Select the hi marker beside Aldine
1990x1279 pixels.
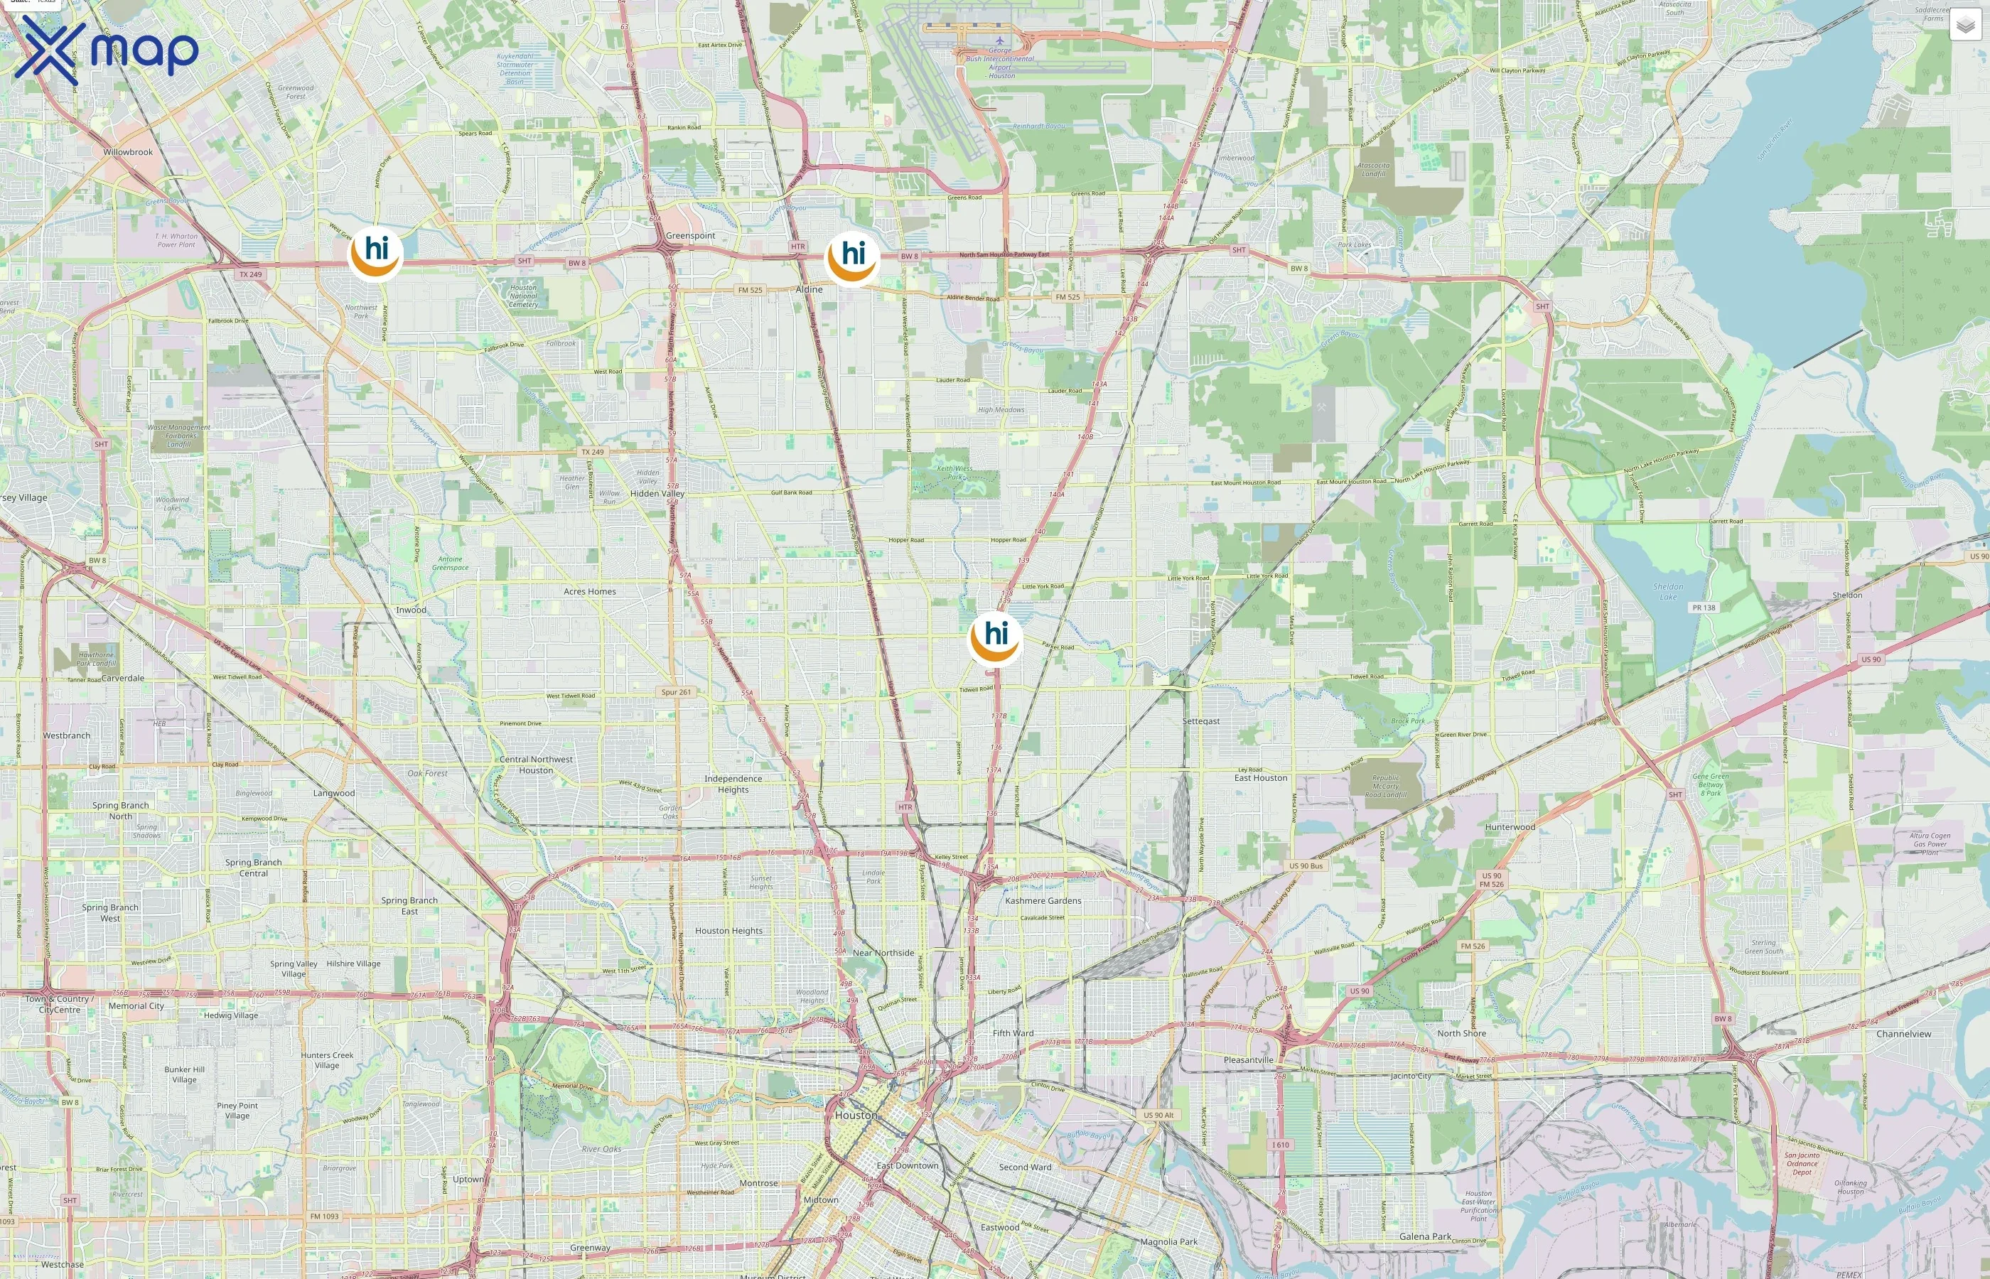852,259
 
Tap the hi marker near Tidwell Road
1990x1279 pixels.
995,639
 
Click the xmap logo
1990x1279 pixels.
107,49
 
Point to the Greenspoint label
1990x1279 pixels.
690,236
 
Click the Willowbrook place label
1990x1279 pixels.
128,153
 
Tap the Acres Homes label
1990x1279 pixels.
590,592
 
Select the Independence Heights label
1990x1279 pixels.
733,784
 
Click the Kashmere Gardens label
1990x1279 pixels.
1043,900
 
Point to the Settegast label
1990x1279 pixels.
1201,721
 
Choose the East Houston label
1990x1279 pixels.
1261,778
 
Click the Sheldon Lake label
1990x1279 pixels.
1668,591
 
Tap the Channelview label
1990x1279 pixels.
1903,1034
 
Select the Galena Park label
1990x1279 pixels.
1425,1236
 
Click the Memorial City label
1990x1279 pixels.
136,1005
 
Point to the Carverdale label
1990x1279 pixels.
123,679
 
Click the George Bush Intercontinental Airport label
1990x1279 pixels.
1001,63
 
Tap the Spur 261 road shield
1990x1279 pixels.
676,692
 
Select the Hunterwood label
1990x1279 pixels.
1510,827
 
